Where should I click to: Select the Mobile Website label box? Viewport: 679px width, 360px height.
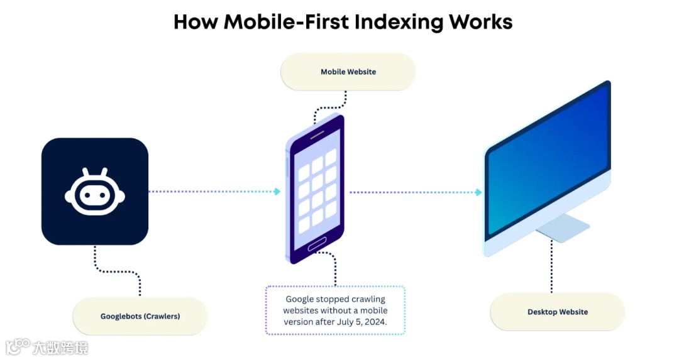tap(348, 72)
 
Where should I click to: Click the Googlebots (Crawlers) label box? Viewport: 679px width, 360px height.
tap(140, 316)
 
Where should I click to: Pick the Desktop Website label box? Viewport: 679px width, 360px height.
tap(558, 312)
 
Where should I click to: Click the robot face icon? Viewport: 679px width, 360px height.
tap(95, 194)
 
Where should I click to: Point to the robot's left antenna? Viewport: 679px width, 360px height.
tap(86, 173)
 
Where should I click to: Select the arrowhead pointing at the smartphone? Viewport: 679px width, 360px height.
tap(277, 192)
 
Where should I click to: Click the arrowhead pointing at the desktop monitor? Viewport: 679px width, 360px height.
tap(478, 192)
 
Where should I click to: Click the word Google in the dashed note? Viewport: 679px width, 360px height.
tap(301, 299)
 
